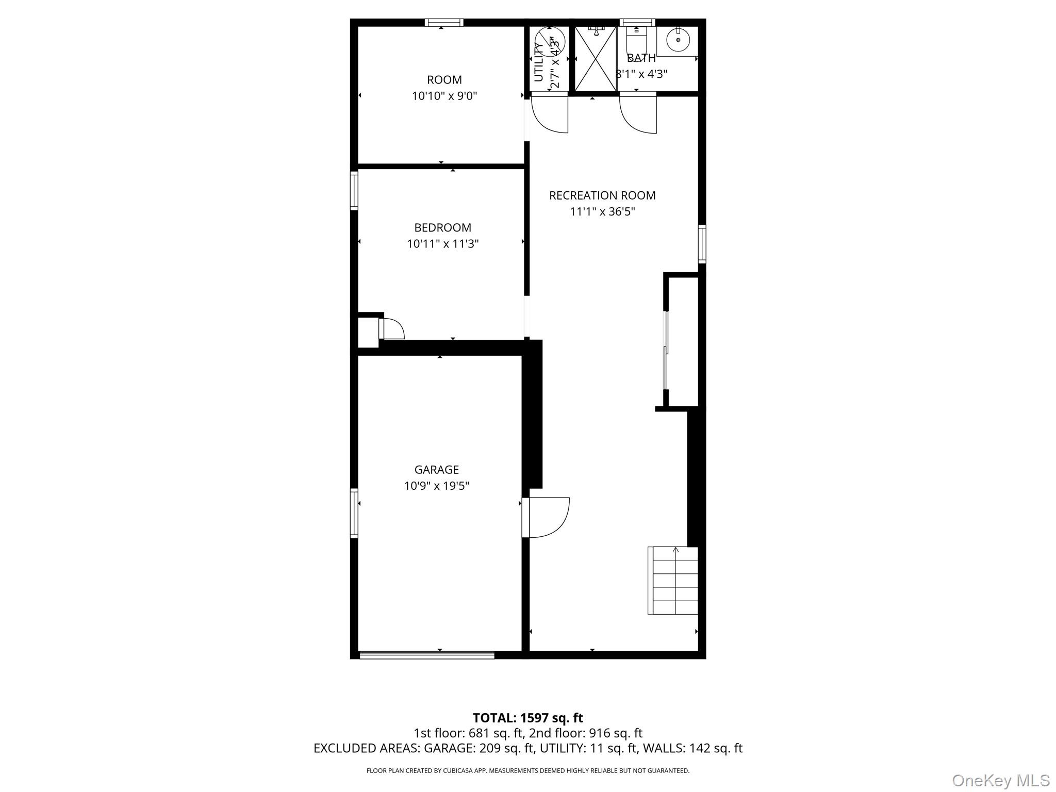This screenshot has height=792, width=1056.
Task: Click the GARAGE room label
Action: (436, 470)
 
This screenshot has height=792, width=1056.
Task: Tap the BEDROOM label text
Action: (442, 227)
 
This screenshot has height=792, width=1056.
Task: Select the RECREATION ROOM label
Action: (602, 195)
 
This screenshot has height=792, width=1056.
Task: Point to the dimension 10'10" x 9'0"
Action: (444, 96)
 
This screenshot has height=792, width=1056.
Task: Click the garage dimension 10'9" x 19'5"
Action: (436, 486)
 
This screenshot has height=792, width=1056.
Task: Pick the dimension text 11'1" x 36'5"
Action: (602, 211)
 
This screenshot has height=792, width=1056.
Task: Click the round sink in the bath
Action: (678, 38)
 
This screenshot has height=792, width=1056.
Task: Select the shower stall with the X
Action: (596, 59)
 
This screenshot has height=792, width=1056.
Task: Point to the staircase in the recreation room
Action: (672, 581)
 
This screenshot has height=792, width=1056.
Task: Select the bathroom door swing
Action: (638, 114)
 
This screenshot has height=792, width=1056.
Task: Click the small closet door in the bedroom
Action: (390, 329)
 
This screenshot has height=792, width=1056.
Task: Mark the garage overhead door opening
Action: (426, 655)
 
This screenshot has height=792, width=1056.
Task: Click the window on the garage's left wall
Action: (354, 513)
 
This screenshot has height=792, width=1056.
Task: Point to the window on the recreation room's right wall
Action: (702, 244)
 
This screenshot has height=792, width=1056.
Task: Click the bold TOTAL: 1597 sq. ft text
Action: (527, 718)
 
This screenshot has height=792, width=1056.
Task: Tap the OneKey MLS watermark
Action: (1000, 780)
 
